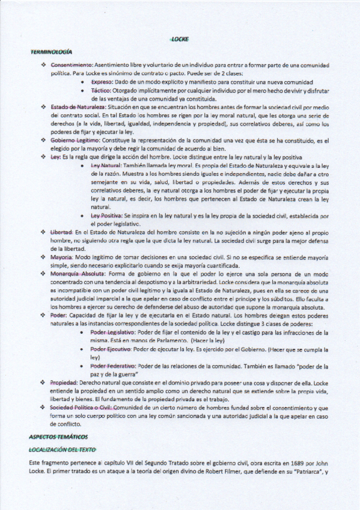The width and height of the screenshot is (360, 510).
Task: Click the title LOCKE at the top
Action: (180, 40)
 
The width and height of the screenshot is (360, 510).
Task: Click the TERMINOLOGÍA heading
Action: (51, 52)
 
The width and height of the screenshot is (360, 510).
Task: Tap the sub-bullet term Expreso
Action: (102, 82)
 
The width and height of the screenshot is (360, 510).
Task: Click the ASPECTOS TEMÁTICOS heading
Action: (58, 436)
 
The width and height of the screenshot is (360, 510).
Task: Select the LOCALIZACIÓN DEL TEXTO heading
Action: (62, 449)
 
